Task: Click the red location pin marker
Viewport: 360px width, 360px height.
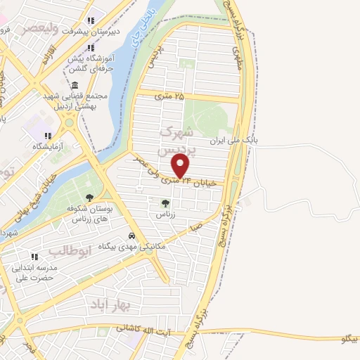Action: pyautogui.click(x=181, y=166)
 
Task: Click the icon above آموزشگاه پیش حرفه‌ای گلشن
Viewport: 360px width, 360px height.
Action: pyautogui.click(x=91, y=48)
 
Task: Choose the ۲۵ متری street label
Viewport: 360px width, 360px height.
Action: pyautogui.click(x=169, y=94)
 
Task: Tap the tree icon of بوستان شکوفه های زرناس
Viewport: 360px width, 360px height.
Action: pyautogui.click(x=89, y=198)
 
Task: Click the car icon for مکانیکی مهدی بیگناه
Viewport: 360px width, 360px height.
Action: pyautogui.click(x=131, y=236)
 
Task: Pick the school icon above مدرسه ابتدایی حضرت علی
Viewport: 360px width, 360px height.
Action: pyautogui.click(x=33, y=257)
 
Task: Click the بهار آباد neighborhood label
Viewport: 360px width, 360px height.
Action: pyautogui.click(x=110, y=304)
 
